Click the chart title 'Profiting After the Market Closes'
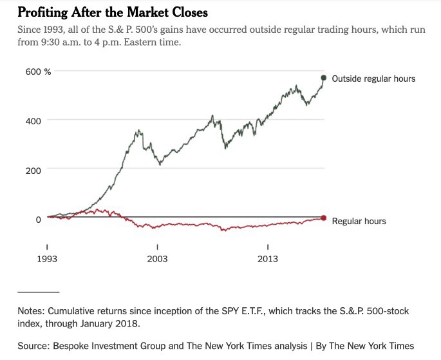point(113,12)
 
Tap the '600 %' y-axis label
point(38,71)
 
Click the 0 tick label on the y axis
point(39,219)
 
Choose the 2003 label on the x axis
point(157,259)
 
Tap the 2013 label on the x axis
point(268,259)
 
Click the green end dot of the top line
point(324,78)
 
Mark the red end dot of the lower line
point(324,218)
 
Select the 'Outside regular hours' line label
point(373,79)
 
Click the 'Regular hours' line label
point(359,221)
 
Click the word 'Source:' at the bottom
point(35,346)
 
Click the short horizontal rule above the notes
point(38,292)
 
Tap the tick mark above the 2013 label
point(268,247)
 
